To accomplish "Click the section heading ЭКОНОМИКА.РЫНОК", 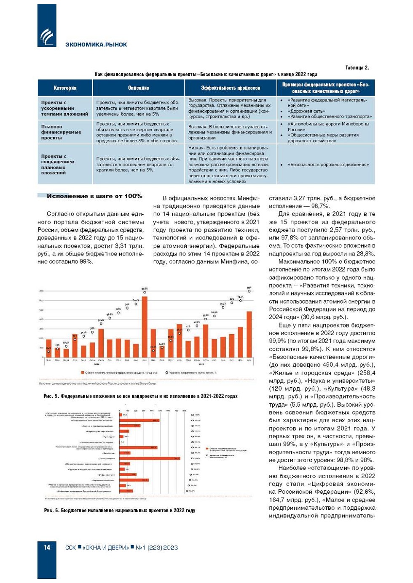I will point(96,45).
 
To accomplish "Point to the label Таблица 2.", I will point(357,68).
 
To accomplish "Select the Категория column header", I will point(65,88).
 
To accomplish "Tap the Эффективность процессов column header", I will point(230,88).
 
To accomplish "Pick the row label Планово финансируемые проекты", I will point(61,132).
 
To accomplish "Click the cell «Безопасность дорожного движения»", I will point(328,165).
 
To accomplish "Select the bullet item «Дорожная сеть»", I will point(306,111).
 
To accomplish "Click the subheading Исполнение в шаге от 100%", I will point(94,196).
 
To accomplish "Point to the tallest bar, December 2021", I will point(145,327).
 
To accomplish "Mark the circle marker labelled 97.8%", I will point(145,292).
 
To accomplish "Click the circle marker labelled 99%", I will point(249,291).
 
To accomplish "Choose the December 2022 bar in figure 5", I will point(249,334).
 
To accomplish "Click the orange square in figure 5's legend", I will point(83,373).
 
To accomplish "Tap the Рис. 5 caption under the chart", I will point(140,396).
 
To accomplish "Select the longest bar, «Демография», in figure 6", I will point(150,458).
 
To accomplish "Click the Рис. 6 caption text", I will point(120,511).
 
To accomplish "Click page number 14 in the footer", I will point(47,547).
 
